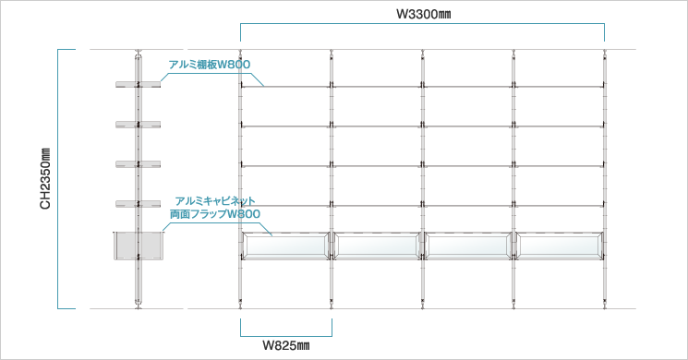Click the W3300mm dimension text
pyautogui.click(x=423, y=14)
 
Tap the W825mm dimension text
pyautogui.click(x=285, y=346)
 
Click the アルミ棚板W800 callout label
pyautogui.click(x=209, y=64)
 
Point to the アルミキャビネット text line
pyautogui.click(x=215, y=200)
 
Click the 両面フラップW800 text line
pyautogui.click(x=215, y=213)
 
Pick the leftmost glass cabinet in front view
pyautogui.click(x=285, y=246)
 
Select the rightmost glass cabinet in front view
pyautogui.click(x=560, y=246)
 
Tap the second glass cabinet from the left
pyautogui.click(x=377, y=246)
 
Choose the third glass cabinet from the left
pyautogui.click(x=468, y=246)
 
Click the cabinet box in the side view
pyautogui.click(x=139, y=246)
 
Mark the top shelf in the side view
pyautogui.click(x=139, y=86)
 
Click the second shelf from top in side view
pyautogui.click(x=139, y=126)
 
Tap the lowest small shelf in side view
pyautogui.click(x=139, y=203)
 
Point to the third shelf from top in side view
pyautogui.click(x=139, y=165)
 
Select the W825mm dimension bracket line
pyautogui.click(x=285, y=333)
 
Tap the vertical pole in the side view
pyautogui.click(x=139, y=286)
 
